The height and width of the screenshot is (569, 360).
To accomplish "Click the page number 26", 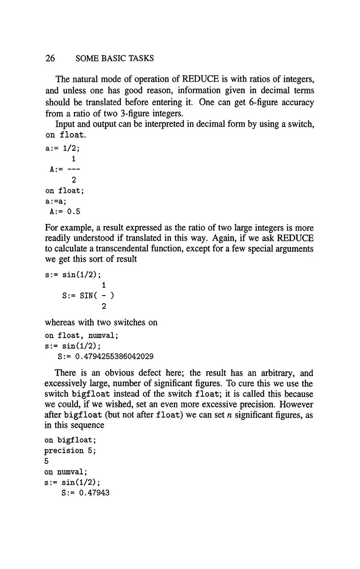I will [x=50, y=59].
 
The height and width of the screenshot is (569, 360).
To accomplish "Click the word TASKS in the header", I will [x=140, y=59].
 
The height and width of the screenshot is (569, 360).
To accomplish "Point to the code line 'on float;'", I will [x=64, y=191].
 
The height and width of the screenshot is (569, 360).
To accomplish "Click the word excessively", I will [x=66, y=384].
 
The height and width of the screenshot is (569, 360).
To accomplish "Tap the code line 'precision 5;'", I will [x=71, y=451].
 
